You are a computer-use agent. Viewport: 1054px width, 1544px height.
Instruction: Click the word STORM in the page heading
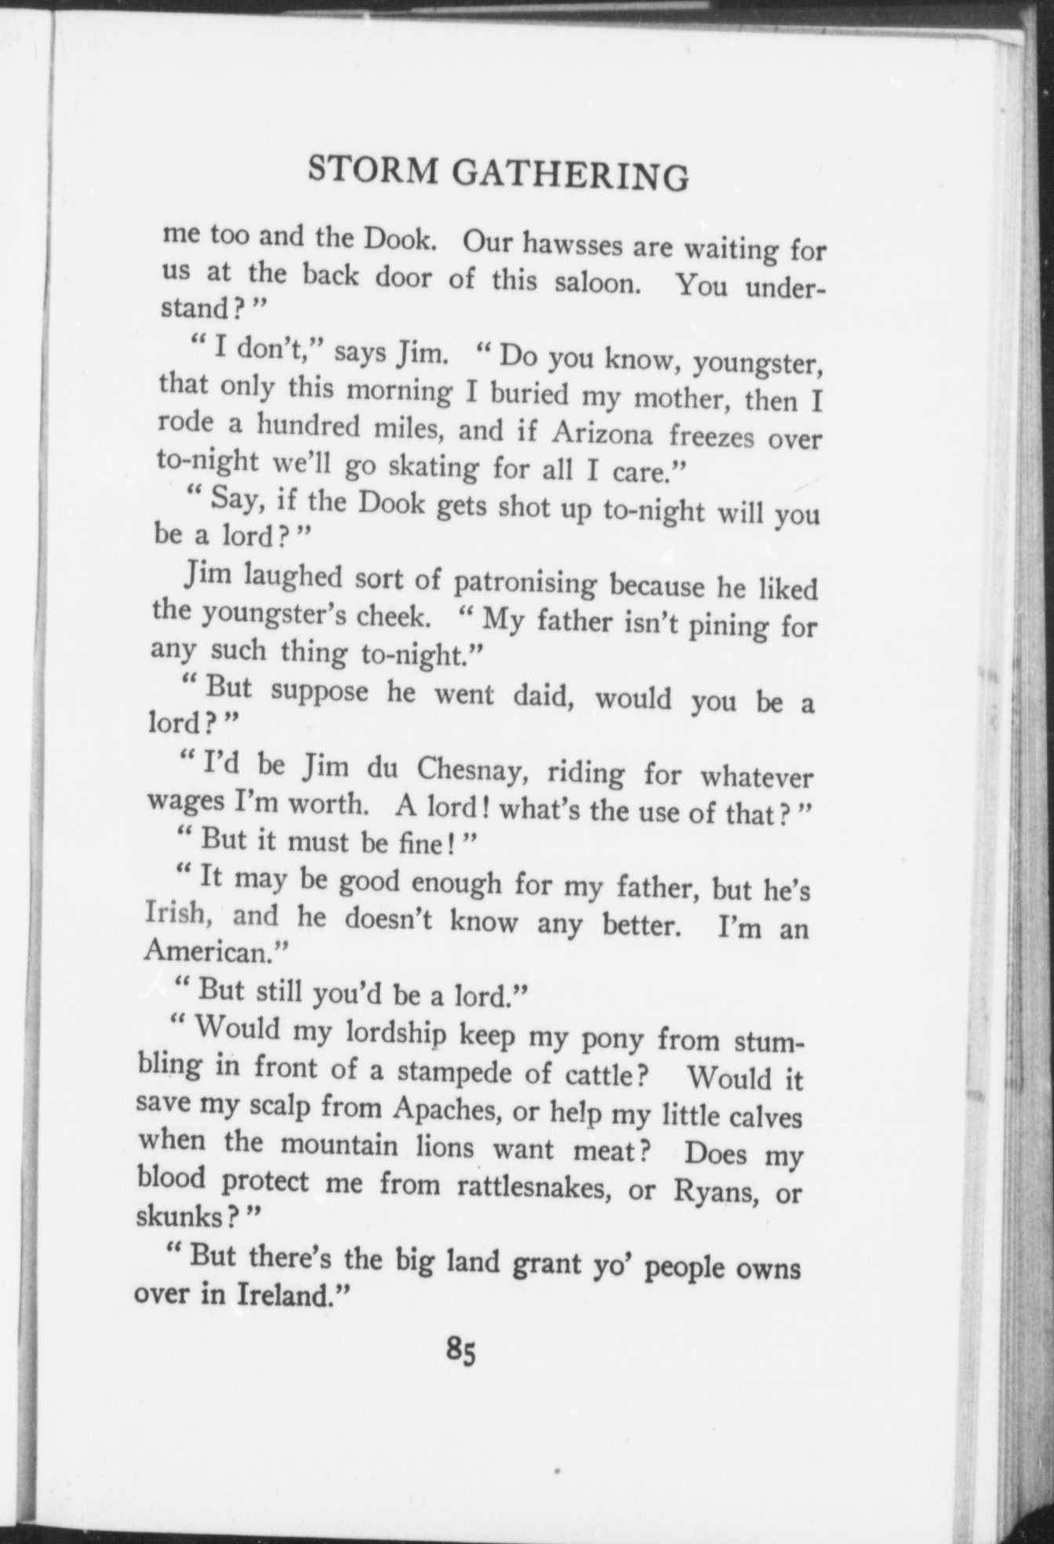373,169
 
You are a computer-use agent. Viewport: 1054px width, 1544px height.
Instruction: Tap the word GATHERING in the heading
570,176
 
